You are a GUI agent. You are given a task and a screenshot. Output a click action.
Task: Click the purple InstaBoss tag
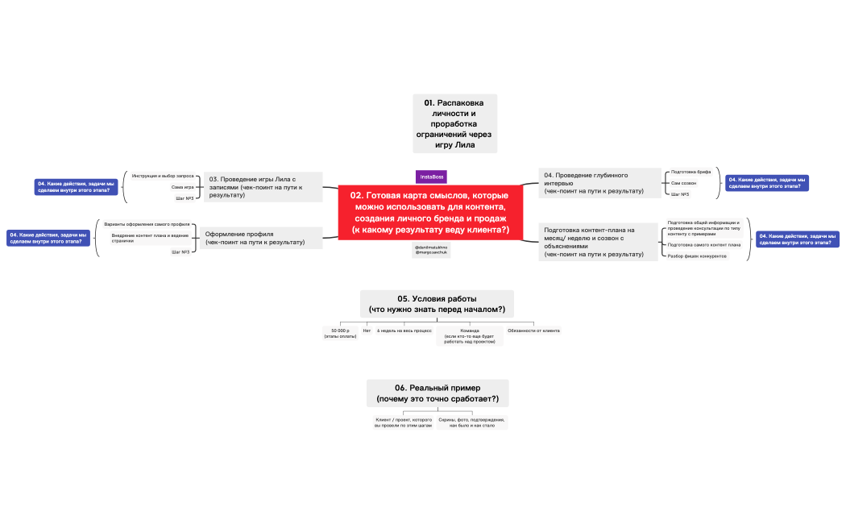click(431, 177)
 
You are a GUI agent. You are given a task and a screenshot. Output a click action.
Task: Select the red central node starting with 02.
click(430, 212)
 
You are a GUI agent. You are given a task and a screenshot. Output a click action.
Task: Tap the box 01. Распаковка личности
click(454, 123)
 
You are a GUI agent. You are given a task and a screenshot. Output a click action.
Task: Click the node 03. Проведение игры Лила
click(263, 186)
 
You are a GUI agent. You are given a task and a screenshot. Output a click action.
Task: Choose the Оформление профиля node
click(260, 238)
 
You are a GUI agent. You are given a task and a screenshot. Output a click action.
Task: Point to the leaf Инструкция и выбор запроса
click(163, 175)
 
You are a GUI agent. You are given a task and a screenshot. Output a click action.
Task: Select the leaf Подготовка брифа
click(690, 172)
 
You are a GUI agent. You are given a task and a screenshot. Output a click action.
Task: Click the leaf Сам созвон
click(684, 183)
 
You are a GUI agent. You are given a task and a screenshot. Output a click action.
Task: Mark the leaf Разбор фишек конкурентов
click(698, 256)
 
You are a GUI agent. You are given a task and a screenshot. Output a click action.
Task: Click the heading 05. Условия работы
click(437, 304)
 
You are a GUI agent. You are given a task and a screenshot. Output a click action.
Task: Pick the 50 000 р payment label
click(338, 334)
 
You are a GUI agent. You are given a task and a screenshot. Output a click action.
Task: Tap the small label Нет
click(367, 331)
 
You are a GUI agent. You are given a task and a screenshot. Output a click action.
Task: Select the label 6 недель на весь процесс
click(404, 331)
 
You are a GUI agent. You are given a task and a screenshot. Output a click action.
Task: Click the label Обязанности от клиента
click(534, 331)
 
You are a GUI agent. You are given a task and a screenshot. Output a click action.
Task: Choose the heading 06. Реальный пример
click(438, 393)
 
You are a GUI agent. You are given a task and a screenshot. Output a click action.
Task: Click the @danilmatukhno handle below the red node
click(431, 247)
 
